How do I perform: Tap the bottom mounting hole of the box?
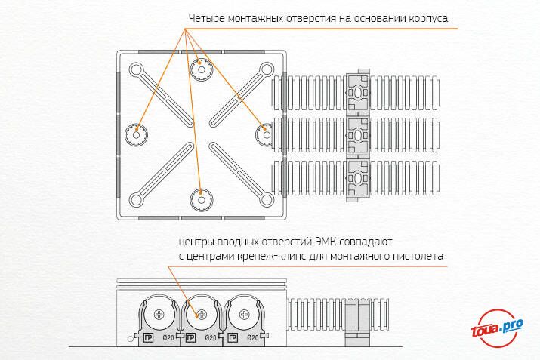tap(202, 199)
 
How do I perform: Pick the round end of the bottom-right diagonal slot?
tap(266, 199)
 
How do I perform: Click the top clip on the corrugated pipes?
tap(356, 91)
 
